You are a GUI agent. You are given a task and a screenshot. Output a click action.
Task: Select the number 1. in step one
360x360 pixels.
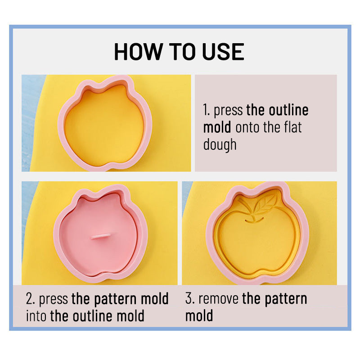click(207, 110)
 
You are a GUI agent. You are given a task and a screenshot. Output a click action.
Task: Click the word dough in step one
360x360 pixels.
click(220, 145)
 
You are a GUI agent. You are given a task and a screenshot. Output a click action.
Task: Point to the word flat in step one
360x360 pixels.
click(293, 127)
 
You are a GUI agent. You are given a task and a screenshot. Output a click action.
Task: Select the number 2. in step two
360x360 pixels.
click(31, 299)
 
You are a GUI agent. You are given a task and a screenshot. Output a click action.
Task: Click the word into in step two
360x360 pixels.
click(36, 316)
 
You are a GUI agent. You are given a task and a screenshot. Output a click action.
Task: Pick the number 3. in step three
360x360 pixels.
click(190, 299)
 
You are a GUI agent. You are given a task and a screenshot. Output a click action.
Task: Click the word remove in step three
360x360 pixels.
click(218, 299)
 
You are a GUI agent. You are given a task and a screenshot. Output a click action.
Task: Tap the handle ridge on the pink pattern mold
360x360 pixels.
click(100, 237)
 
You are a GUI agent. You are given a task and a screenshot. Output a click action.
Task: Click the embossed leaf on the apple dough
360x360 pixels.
click(265, 203)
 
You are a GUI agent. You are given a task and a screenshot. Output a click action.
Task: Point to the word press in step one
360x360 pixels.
click(228, 111)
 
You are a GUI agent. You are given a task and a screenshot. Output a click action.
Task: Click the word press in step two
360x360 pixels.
click(53, 300)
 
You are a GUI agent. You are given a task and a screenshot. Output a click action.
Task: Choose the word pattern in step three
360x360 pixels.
click(286, 299)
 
